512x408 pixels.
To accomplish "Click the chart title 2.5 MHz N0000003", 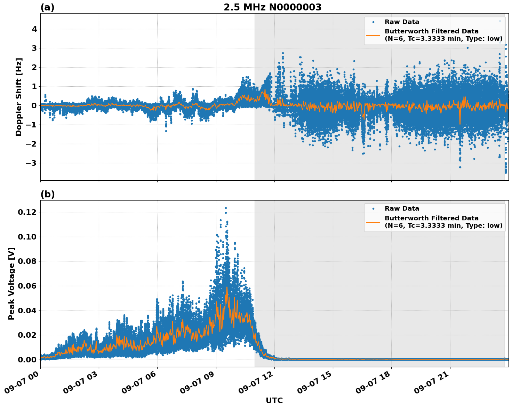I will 272,7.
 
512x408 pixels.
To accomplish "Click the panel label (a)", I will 47,7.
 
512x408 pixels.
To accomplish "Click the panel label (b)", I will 47,194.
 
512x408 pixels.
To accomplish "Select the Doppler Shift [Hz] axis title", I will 19,97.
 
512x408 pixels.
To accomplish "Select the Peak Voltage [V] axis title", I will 11,283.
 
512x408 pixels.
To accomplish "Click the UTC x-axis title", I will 274,400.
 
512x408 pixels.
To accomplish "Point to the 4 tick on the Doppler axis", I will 34,29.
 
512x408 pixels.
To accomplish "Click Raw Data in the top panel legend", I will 402,22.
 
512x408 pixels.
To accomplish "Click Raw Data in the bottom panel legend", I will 402,209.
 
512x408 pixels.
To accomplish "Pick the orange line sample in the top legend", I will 373,35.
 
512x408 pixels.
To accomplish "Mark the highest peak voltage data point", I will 226,208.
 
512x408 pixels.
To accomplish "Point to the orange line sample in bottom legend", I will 373,222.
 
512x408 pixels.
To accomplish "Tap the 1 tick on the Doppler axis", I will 34,86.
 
